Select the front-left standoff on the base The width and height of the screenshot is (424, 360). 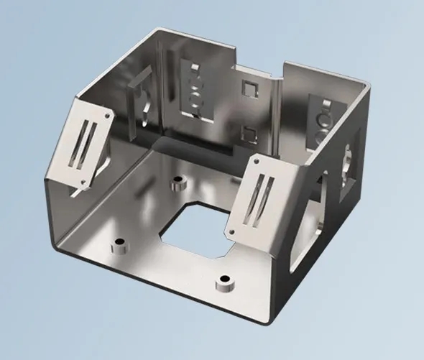click(x=119, y=247)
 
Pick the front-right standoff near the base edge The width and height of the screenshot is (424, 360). click(x=226, y=282)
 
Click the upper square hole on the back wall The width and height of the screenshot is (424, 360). click(x=249, y=88)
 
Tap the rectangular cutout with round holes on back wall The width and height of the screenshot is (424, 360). click(x=194, y=90)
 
